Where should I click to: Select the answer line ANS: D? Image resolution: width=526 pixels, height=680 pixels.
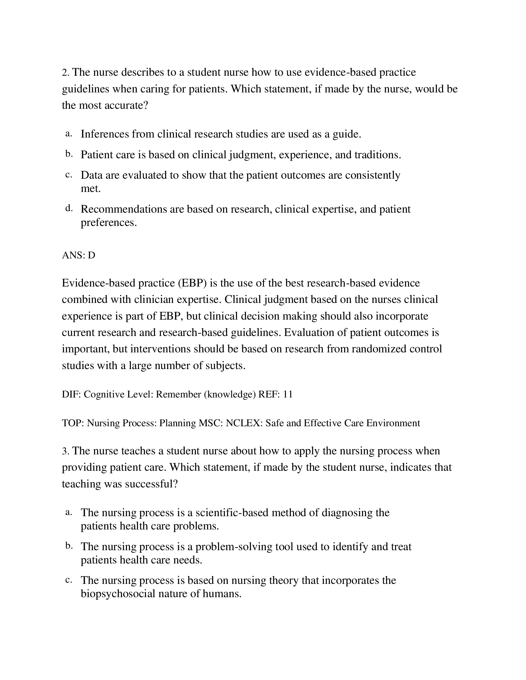click(79, 255)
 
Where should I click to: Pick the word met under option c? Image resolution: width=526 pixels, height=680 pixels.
click(90, 189)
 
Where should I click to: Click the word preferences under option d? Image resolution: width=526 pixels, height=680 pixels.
click(108, 223)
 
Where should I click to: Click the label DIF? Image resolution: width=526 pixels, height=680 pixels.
click(71, 394)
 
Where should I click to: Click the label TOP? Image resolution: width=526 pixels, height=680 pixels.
click(73, 423)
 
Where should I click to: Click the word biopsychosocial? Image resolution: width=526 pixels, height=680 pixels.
click(118, 594)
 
